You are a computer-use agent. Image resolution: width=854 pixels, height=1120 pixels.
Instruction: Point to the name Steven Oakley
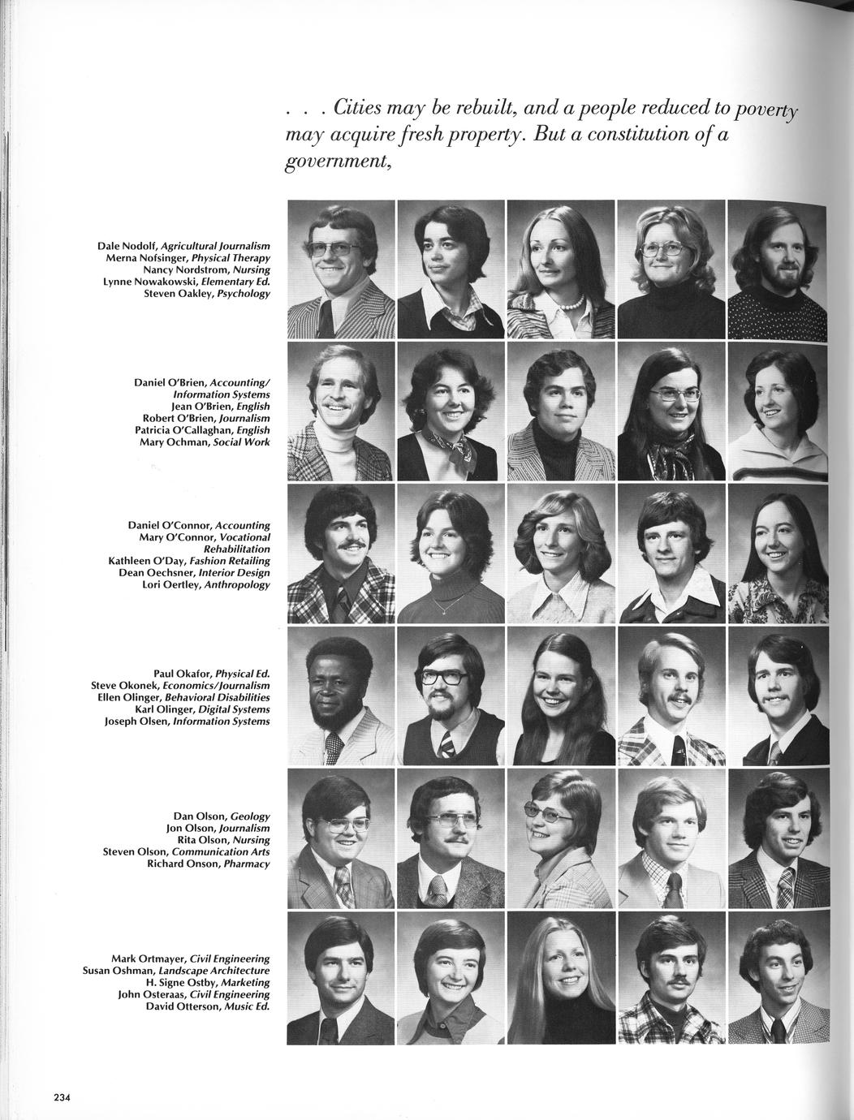(x=172, y=294)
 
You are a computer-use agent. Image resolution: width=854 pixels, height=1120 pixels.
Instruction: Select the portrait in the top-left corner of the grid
(x=341, y=269)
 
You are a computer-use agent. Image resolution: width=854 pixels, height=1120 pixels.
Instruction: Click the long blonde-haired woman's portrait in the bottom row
(x=561, y=978)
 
